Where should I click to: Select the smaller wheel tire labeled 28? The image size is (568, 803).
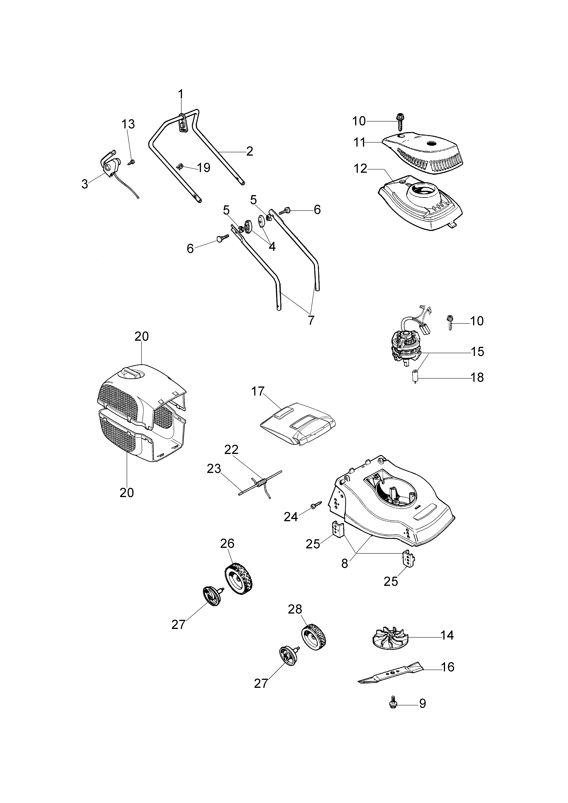coord(314,638)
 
